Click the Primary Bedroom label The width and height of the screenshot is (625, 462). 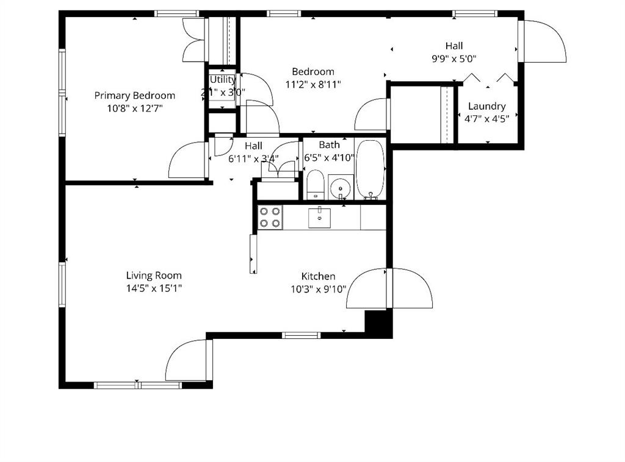[134, 96]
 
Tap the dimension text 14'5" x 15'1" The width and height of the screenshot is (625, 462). [154, 288]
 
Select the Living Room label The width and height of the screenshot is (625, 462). [154, 275]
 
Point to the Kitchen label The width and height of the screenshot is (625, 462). [318, 277]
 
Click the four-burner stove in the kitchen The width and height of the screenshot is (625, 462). [270, 218]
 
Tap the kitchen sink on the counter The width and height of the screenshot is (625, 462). [319, 217]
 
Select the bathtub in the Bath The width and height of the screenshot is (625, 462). [369, 170]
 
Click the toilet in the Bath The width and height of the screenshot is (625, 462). [315, 185]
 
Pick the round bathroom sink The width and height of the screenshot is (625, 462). [340, 187]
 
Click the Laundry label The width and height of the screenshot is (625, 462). [486, 106]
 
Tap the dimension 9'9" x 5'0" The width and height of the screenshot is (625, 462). [453, 59]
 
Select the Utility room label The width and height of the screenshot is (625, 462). [222, 80]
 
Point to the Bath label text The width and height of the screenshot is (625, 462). [329, 145]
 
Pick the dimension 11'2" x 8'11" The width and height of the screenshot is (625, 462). [312, 85]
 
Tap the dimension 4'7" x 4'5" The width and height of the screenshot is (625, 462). [486, 119]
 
